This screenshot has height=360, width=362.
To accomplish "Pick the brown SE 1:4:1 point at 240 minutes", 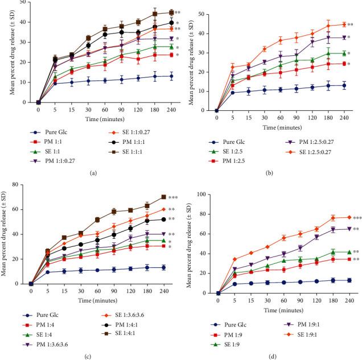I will [164, 197].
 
